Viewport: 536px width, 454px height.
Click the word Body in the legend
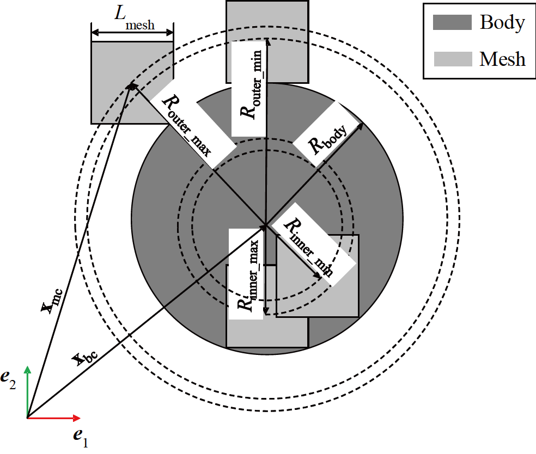(502, 22)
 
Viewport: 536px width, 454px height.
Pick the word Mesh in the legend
(502, 59)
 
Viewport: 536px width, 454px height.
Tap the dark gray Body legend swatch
(452, 22)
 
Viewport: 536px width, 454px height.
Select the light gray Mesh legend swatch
(452, 59)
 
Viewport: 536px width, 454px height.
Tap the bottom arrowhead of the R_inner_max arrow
(266, 311)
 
